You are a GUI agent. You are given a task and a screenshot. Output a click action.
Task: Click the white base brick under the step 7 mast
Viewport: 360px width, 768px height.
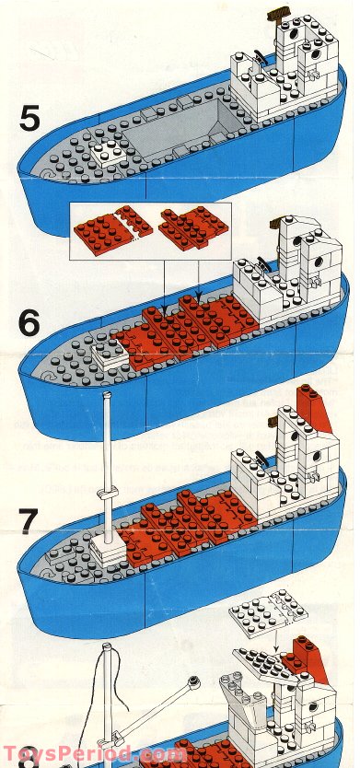108,551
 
